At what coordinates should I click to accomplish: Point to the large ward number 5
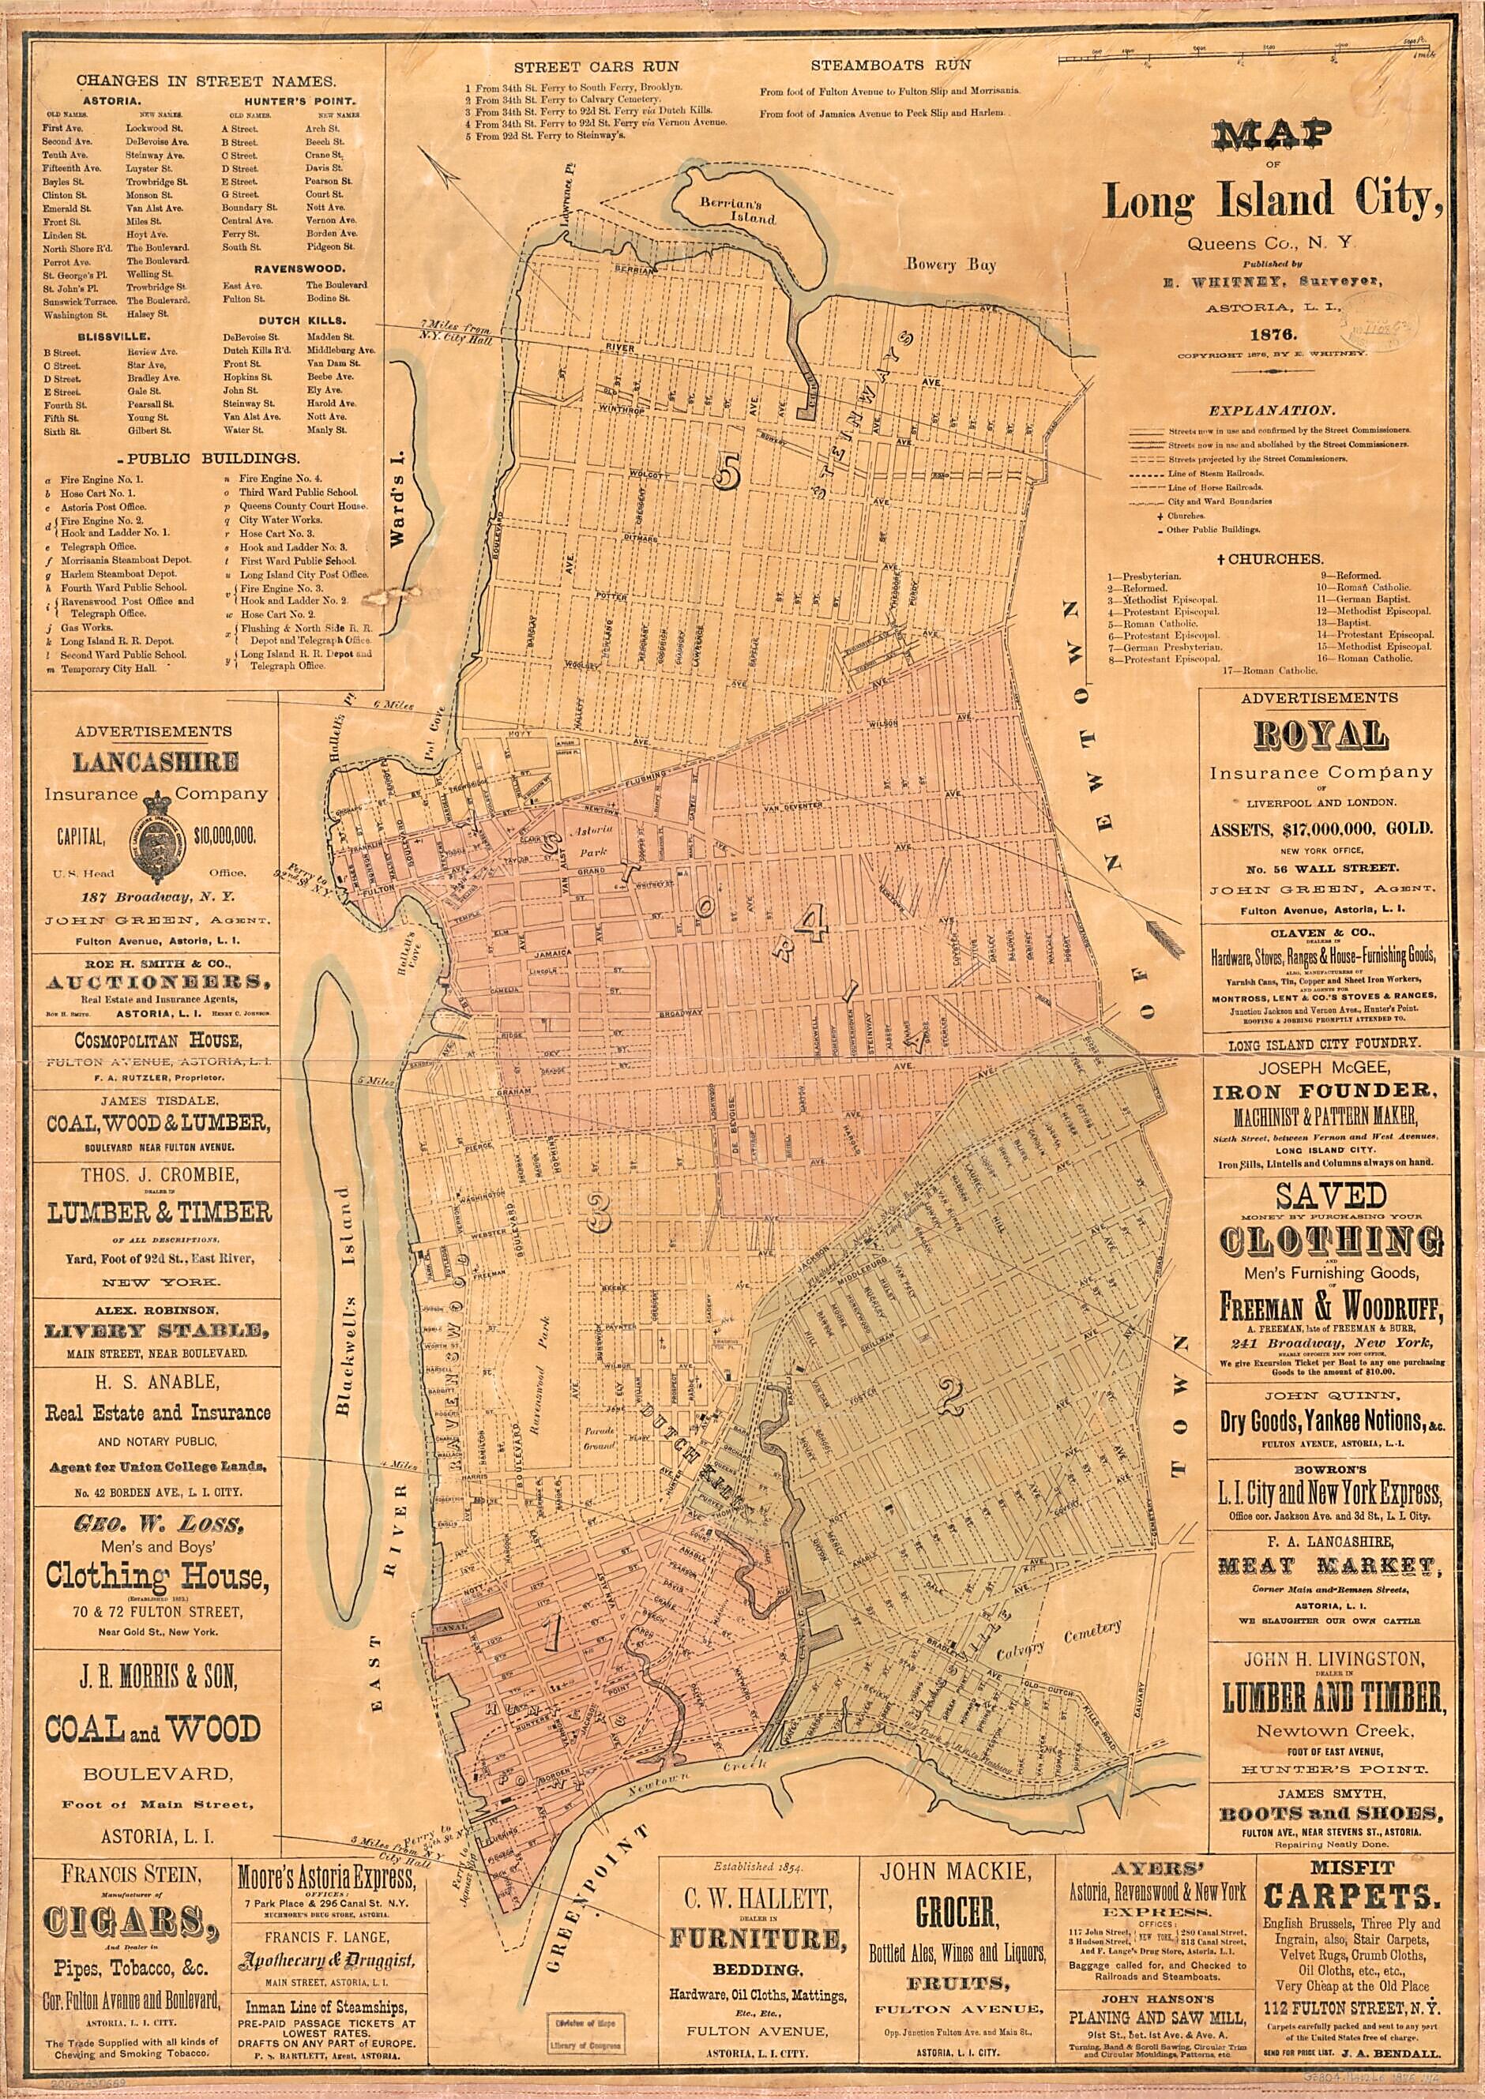(x=729, y=471)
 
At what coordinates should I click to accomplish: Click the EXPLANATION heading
(x=1270, y=411)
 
